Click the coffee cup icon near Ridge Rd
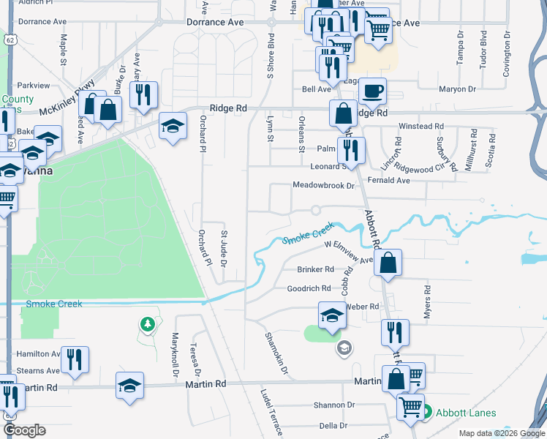[372, 91]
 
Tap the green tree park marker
[147, 324]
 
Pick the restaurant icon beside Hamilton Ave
[75, 359]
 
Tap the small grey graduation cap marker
[344, 348]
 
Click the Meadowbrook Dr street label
[323, 186]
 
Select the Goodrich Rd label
[309, 288]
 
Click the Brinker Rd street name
[315, 269]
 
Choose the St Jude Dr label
[225, 249]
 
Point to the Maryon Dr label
[458, 89]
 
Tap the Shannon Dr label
[333, 405]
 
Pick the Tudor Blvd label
[483, 49]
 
